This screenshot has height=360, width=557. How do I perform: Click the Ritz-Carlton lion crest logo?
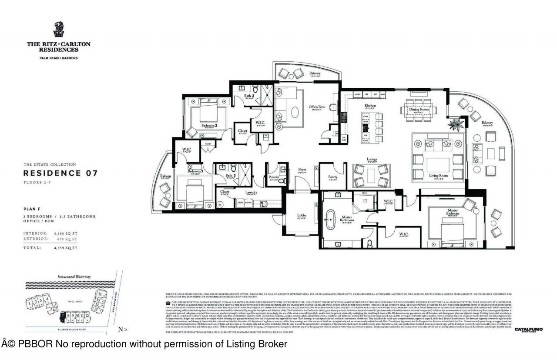59,30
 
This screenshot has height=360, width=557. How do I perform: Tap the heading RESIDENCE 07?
60,173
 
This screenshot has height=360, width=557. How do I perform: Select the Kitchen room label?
370,106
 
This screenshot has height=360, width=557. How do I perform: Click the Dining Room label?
419,110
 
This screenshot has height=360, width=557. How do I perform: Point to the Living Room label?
438,176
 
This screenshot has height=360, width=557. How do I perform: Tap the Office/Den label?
317,107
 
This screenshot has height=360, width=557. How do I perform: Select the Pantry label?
333,177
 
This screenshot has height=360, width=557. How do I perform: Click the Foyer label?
302,170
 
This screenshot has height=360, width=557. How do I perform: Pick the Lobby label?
301,215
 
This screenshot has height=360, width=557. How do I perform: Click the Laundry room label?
251,192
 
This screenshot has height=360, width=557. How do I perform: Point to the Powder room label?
274,177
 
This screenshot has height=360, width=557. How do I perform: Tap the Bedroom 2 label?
209,126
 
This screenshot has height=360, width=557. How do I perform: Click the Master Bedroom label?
453,212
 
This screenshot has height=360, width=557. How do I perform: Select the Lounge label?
371,159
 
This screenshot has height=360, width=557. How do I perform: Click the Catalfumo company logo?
528,330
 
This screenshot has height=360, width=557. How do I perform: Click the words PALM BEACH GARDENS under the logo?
59,58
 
